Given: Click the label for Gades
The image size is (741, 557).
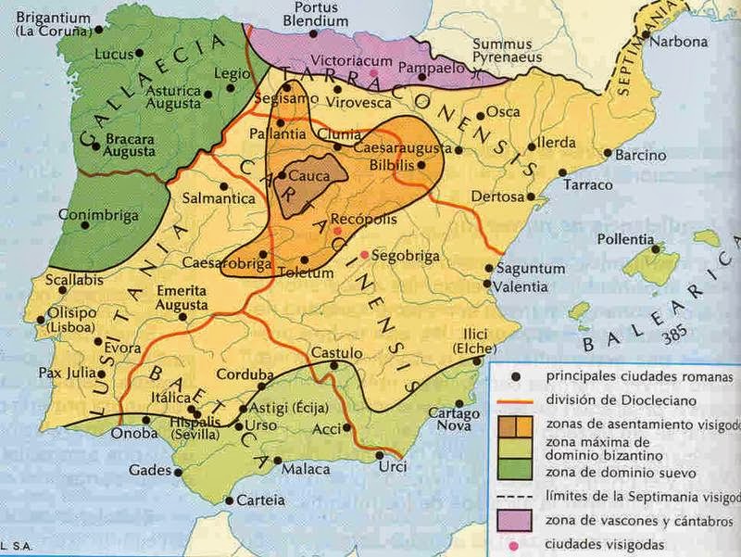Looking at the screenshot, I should coord(149,469).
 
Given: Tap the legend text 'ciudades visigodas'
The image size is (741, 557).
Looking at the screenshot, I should coord(607,542).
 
